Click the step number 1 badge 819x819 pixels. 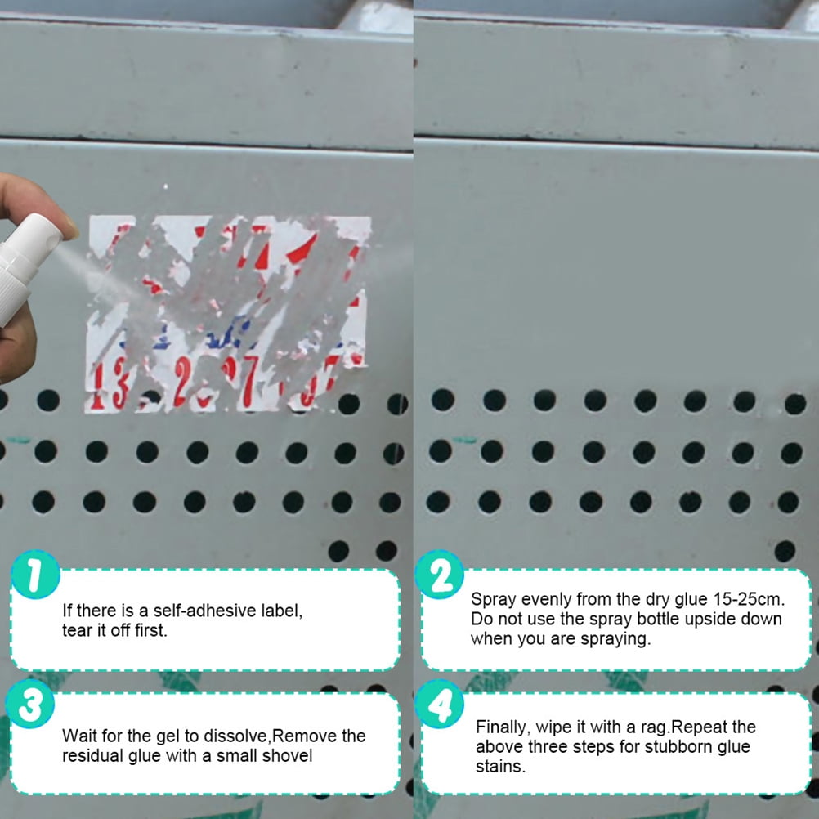[x=35, y=577]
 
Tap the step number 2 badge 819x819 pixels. [x=441, y=577]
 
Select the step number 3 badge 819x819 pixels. [x=31, y=705]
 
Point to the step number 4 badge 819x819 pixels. [x=441, y=705]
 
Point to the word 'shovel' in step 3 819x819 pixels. [x=288, y=756]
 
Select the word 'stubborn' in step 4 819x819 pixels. [x=687, y=746]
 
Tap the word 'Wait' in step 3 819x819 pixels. [x=79, y=736]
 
